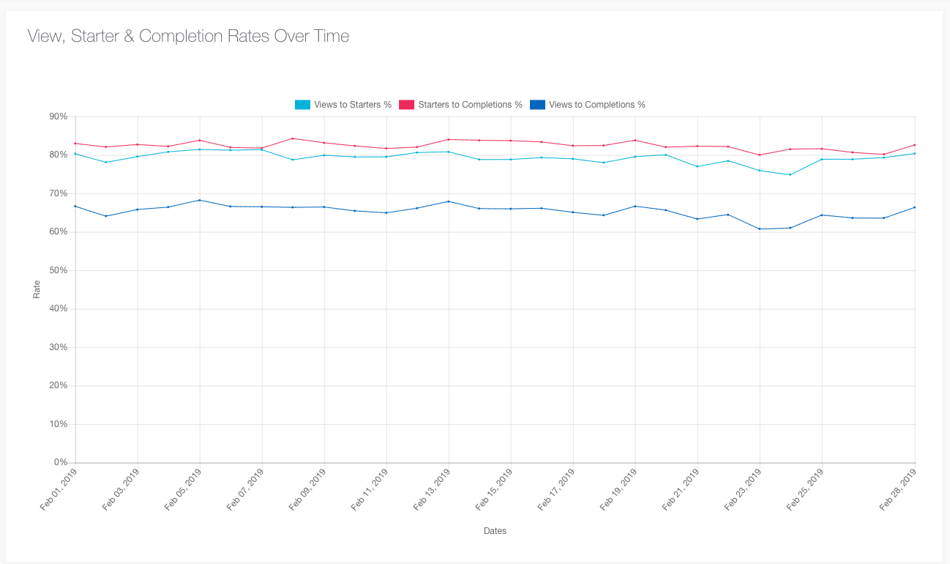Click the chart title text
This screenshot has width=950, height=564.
pos(188,36)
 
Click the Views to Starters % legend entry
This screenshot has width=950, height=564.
pos(343,105)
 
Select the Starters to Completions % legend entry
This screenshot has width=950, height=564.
pos(460,105)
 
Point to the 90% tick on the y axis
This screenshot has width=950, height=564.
pos(58,116)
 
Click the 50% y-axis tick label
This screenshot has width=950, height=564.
pos(58,270)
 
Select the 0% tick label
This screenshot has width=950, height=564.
pos(60,463)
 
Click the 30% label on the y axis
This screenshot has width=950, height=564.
pos(58,347)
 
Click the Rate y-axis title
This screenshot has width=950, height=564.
pos(37,290)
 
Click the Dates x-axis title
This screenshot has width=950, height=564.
pos(495,531)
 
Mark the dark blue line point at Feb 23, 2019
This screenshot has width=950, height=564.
pos(760,229)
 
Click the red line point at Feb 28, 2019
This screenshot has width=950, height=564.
pos(915,145)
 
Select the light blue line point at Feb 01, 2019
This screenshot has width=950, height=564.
pos(75,154)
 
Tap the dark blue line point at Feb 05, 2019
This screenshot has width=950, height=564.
pos(200,200)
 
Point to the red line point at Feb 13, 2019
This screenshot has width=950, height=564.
pos(449,139)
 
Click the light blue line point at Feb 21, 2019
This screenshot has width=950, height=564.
pos(697,166)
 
